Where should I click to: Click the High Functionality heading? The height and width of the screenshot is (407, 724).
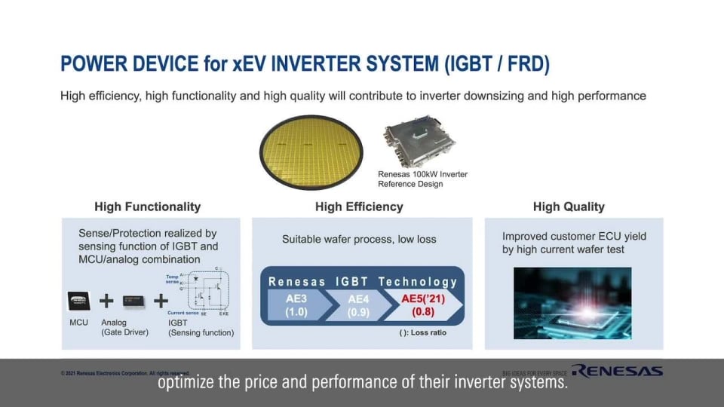click(147, 207)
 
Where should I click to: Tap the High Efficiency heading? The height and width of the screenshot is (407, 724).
click(359, 207)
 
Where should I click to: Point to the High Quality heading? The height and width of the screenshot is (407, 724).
click(569, 207)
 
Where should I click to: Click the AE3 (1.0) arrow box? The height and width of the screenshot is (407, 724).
click(296, 304)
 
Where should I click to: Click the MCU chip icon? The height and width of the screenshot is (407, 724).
click(79, 301)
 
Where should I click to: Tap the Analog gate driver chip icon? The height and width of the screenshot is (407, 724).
click(133, 301)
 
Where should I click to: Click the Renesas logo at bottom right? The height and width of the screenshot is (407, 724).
click(616, 370)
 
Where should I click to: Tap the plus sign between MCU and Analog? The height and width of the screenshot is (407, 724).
click(106, 301)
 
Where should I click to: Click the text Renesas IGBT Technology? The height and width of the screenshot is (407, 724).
click(363, 282)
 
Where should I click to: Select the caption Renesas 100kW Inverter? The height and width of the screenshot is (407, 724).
click(422, 174)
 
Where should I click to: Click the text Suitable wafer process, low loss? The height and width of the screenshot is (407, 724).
click(359, 239)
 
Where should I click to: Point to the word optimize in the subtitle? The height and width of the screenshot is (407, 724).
click(184, 383)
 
